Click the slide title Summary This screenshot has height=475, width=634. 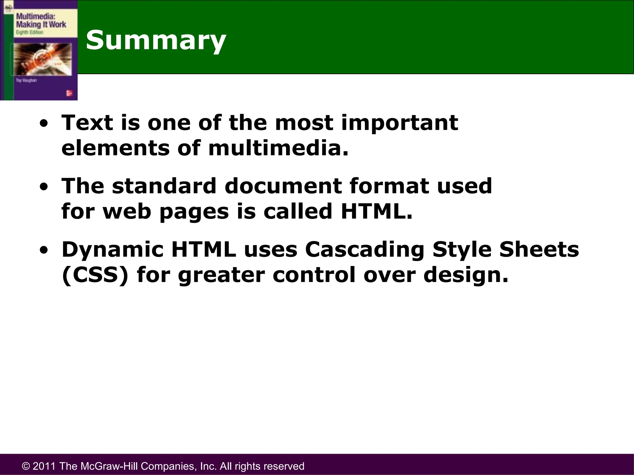click(156, 40)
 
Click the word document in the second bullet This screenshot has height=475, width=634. click(283, 186)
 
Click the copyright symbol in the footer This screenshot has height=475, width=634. click(26, 466)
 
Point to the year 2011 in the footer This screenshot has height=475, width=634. click(44, 466)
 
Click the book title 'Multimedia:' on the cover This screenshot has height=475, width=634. click(35, 16)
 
